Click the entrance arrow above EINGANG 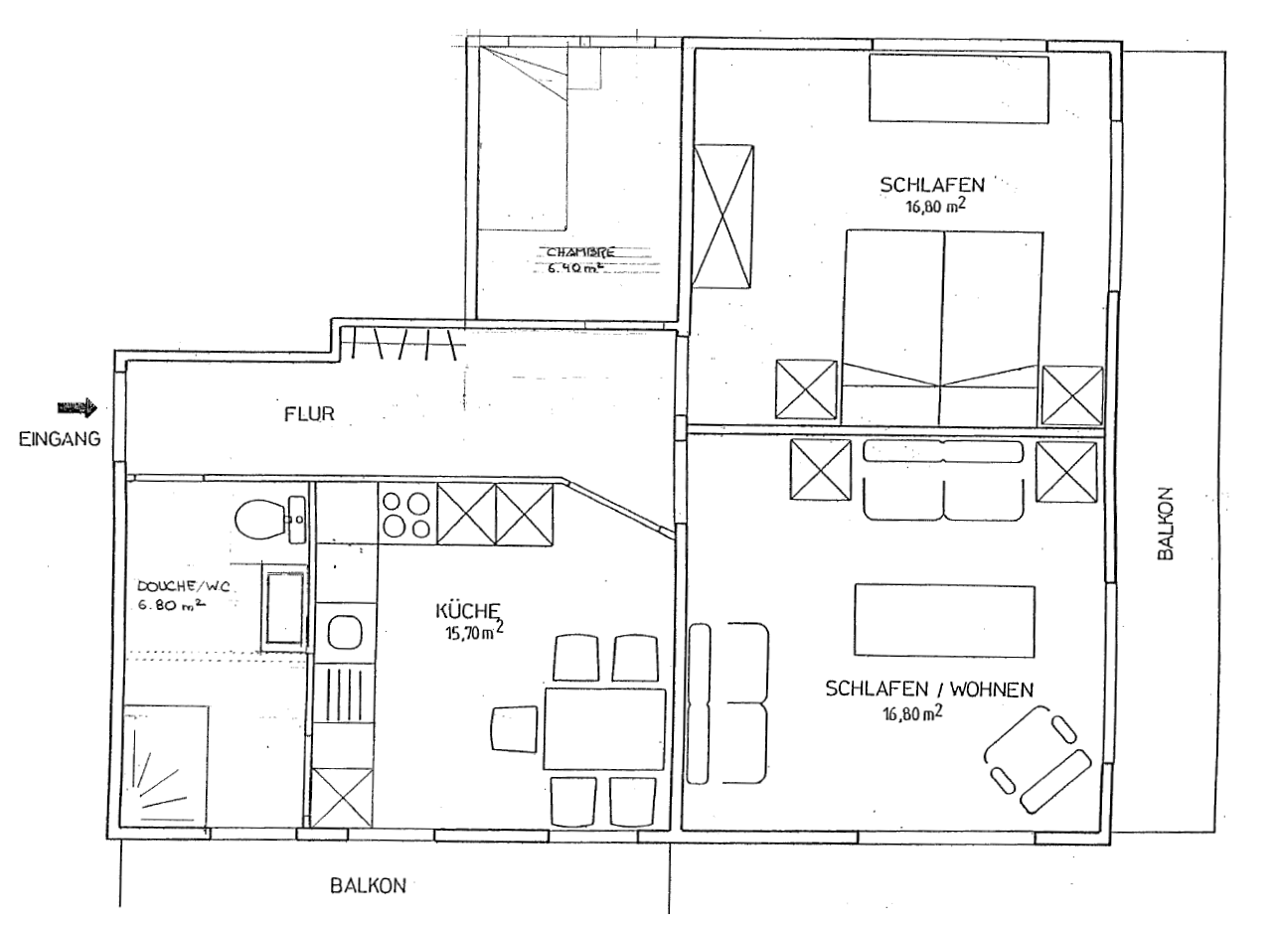pyautogui.click(x=78, y=407)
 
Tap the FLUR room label pyautogui.click(x=309, y=414)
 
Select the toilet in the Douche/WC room pyautogui.click(x=260, y=520)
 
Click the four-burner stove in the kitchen pyautogui.click(x=406, y=515)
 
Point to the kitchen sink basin pyautogui.click(x=346, y=632)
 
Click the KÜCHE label pyautogui.click(x=468, y=610)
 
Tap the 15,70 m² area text pyautogui.click(x=474, y=632)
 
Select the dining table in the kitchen pyautogui.click(x=604, y=729)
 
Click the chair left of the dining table pyautogui.click(x=514, y=729)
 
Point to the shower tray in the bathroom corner pyautogui.click(x=164, y=767)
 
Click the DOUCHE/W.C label pyautogui.click(x=183, y=586)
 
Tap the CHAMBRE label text pyautogui.click(x=580, y=251)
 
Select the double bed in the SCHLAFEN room pyautogui.click(x=943, y=328)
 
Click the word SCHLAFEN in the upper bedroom pyautogui.click(x=932, y=185)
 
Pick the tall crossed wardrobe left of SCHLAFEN pyautogui.click(x=722, y=217)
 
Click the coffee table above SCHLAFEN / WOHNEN pyautogui.click(x=944, y=621)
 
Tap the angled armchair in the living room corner pyautogui.click(x=1038, y=759)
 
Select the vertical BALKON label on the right pyautogui.click(x=1165, y=523)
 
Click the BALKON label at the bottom pyautogui.click(x=369, y=885)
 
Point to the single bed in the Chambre pyautogui.click(x=523, y=139)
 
